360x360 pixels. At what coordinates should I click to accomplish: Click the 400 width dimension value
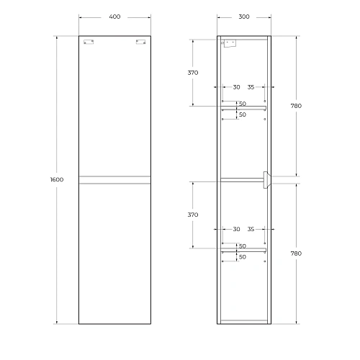(x=115, y=16)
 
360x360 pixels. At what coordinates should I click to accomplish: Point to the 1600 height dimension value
(x=58, y=179)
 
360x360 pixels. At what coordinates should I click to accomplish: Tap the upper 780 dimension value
(x=296, y=105)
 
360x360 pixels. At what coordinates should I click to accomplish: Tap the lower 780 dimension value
(x=296, y=253)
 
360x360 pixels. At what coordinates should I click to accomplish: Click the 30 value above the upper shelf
(x=237, y=88)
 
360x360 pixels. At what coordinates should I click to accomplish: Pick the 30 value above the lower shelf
(x=237, y=229)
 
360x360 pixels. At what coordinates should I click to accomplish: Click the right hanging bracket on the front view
(x=141, y=42)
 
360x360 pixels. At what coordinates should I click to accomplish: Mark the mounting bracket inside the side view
(x=229, y=43)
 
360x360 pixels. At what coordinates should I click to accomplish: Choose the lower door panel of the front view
(x=115, y=252)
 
